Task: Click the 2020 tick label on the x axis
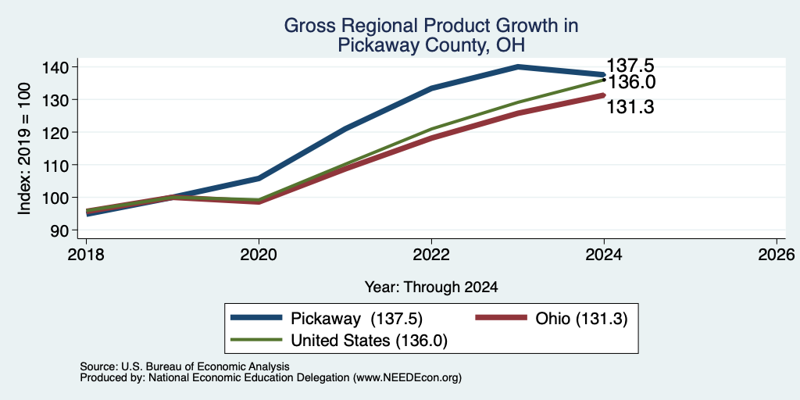[259, 254]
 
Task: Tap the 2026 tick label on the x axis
[777, 254]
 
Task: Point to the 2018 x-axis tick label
[86, 254]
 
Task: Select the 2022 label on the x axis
[431, 254]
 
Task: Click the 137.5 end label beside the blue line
[630, 66]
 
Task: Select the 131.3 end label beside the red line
[630, 106]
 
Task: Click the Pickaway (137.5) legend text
[356, 319]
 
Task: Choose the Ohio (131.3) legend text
[581, 319]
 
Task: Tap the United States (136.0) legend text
[369, 341]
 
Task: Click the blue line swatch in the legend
[256, 318]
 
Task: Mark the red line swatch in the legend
[501, 318]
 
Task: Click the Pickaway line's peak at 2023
[518, 67]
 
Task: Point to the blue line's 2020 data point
[259, 178]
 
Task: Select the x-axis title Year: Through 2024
[431, 287]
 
